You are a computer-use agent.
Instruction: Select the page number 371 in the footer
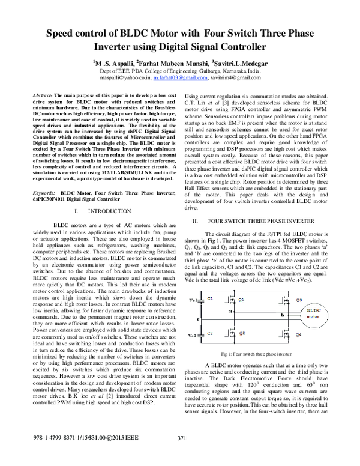pos(183,454)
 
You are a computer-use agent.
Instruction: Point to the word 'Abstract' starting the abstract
pos(43,96)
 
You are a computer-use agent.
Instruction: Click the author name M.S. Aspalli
pos(114,62)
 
